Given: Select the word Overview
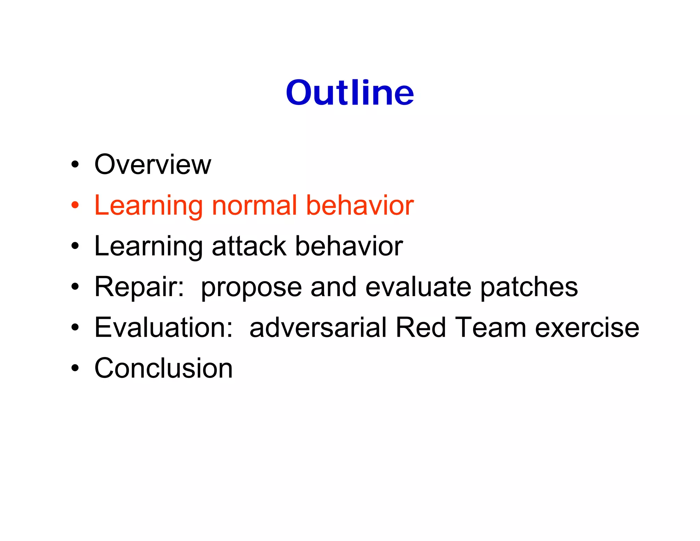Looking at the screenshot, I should click(152, 164).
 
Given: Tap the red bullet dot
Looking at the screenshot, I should click(75, 206).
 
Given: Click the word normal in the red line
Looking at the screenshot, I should click(254, 206).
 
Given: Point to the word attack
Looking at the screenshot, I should click(249, 246).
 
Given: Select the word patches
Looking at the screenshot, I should click(529, 287).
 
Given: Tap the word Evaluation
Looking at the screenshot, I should click(161, 327).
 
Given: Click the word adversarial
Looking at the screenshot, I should click(318, 327).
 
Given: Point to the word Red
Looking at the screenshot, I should click(420, 327).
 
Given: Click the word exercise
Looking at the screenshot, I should click(587, 327).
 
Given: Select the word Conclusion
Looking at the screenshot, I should click(163, 368).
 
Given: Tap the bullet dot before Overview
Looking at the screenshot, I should click(75, 165).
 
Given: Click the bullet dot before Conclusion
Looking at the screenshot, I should click(75, 368).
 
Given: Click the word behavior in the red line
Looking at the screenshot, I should click(360, 206).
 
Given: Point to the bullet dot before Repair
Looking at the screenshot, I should click(75, 287).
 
